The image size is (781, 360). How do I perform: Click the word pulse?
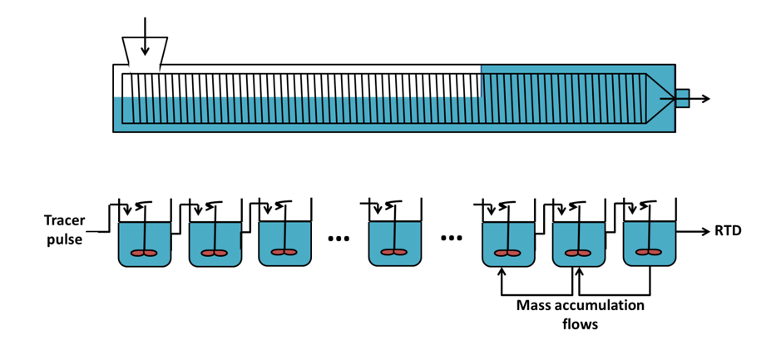point(62,239)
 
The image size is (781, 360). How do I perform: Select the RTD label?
point(728,231)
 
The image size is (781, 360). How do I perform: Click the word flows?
point(580,324)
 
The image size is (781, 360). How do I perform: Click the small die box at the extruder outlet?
point(682,98)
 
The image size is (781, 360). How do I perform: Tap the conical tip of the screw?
point(659,98)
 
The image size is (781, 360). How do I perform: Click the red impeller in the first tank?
point(144,253)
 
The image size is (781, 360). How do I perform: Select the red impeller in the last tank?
point(650,253)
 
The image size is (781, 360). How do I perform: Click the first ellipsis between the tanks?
point(339,239)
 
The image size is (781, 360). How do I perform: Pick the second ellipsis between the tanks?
point(452,239)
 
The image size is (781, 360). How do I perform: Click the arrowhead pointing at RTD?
point(704,231)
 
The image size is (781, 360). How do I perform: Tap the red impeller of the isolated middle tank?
point(394,253)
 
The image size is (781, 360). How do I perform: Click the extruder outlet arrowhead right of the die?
point(704,99)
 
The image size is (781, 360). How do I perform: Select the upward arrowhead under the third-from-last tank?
point(502,272)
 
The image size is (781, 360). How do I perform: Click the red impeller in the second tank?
point(215,253)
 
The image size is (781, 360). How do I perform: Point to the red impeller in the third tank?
point(285,253)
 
